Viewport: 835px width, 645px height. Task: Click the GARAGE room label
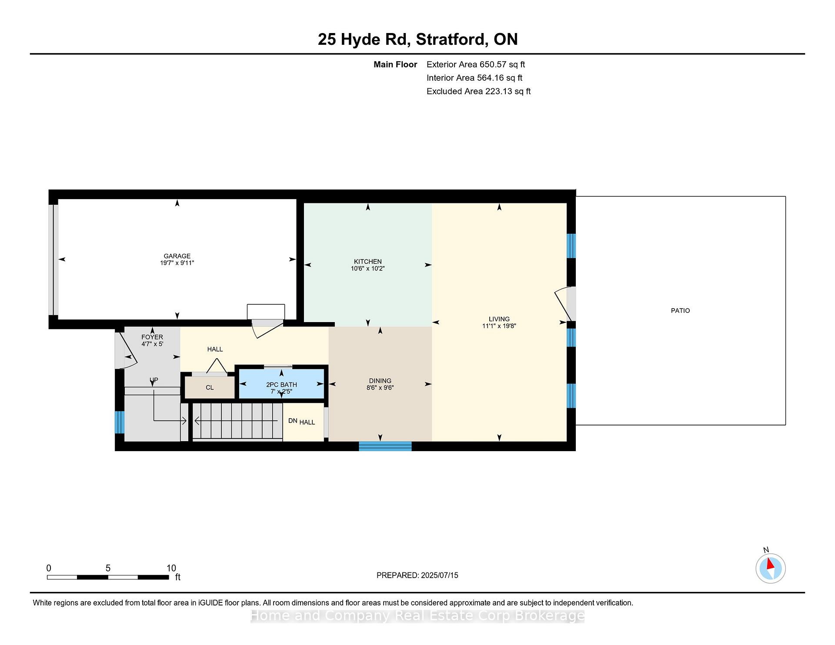coord(177,256)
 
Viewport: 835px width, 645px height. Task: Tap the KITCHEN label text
coord(368,262)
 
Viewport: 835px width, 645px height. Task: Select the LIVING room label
coord(499,319)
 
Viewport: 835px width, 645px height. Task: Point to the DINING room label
coord(380,381)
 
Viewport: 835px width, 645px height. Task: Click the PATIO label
coord(680,311)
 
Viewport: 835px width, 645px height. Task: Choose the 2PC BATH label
coord(281,385)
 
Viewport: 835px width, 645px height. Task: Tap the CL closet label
coord(210,388)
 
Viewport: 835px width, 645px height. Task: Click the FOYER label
coord(152,337)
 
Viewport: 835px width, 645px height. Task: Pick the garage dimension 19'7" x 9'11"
coord(177,263)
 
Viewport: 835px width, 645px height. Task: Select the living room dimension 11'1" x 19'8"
coord(499,326)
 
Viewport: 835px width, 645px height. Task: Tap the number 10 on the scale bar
coord(171,568)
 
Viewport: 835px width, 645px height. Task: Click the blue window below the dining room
coord(385,446)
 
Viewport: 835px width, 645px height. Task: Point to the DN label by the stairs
coord(293,421)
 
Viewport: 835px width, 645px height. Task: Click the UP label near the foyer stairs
coord(154,380)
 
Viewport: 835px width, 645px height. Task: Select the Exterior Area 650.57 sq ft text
coord(476,65)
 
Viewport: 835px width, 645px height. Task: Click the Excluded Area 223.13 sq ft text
coord(478,92)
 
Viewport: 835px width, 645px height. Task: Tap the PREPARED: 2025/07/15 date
coord(417,575)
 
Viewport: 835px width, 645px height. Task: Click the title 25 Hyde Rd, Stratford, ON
coord(417,40)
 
